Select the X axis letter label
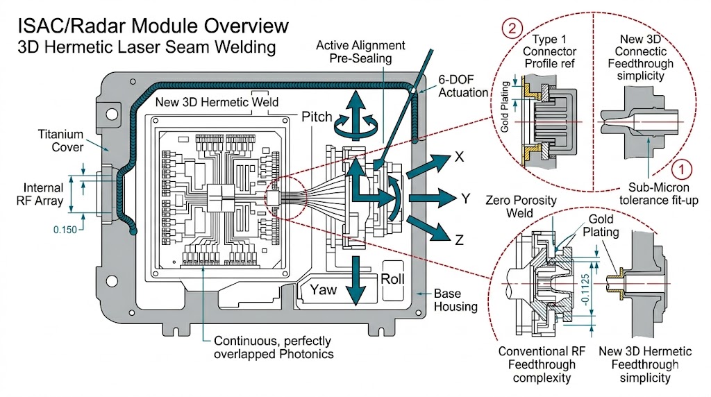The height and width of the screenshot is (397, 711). (459, 157)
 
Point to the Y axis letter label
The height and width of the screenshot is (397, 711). (466, 199)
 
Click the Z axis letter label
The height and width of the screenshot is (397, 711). (459, 242)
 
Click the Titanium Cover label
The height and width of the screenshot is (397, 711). (60, 140)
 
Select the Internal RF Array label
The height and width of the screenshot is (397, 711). (44, 194)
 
